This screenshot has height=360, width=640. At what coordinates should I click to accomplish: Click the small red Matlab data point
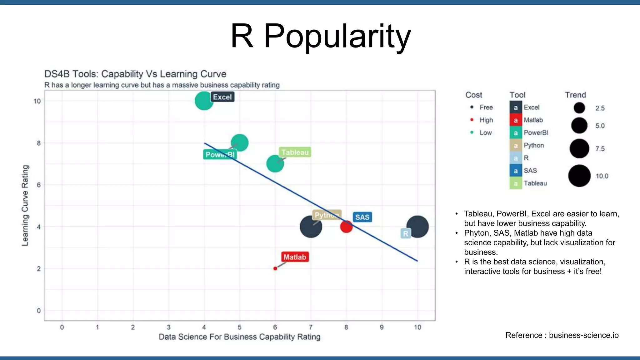(275, 268)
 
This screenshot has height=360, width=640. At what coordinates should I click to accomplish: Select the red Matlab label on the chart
(295, 257)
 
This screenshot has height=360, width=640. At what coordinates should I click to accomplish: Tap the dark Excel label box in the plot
(222, 97)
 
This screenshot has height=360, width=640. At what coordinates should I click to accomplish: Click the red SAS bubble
(346, 227)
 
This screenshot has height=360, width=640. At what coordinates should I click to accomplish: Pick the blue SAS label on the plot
(362, 217)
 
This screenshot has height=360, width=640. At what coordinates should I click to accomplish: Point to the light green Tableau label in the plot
(295, 152)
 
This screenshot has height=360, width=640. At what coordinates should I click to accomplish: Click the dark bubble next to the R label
(418, 227)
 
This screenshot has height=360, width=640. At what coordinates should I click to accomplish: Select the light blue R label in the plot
(405, 233)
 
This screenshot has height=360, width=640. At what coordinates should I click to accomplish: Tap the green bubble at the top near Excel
(203, 101)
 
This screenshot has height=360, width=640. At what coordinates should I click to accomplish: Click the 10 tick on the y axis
(37, 101)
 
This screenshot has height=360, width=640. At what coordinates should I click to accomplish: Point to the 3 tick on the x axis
(168, 327)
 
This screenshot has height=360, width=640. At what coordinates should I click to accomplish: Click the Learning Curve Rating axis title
(25, 205)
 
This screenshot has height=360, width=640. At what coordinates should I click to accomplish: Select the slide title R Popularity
(320, 36)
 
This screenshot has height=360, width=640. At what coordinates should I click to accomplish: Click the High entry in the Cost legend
(486, 120)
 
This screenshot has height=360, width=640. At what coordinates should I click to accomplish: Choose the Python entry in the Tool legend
(534, 145)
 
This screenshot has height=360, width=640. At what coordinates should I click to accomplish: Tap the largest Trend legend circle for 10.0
(579, 176)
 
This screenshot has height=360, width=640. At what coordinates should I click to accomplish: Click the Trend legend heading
(575, 95)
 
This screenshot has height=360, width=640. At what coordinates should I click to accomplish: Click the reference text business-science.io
(583, 335)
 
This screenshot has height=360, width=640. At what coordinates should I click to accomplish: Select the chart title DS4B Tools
(135, 74)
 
